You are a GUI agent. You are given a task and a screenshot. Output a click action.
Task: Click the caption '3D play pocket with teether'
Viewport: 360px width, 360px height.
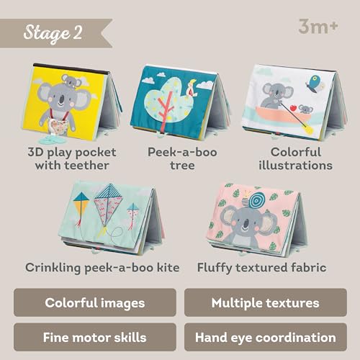click(x=71, y=158)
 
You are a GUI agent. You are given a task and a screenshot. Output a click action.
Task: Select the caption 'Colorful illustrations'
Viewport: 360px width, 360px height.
click(x=301, y=158)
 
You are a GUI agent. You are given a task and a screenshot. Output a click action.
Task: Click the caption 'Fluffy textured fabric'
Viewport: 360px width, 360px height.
click(x=262, y=267)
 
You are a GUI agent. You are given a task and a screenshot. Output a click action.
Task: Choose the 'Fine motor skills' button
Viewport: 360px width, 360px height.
click(x=94, y=337)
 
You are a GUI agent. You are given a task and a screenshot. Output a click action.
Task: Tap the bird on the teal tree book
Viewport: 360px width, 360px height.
click(x=192, y=89)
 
